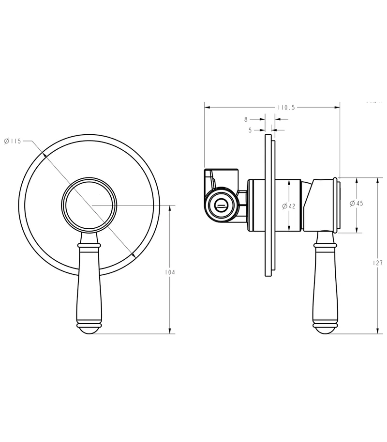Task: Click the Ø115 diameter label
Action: point(13,141)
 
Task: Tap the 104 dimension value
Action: point(170,272)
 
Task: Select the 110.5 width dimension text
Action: point(286,108)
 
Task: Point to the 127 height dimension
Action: point(378,263)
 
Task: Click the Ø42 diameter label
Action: point(289,206)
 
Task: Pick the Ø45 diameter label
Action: point(357,203)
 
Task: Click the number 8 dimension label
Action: point(246,120)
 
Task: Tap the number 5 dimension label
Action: point(250,130)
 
